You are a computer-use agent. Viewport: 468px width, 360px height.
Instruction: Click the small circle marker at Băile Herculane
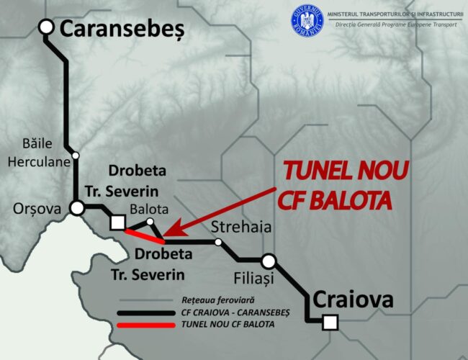pyautogui.click(x=76, y=155)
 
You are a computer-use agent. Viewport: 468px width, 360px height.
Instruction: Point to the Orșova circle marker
pyautogui.click(x=76, y=209)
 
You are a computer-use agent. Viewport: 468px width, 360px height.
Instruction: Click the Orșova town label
pyautogui.click(x=33, y=209)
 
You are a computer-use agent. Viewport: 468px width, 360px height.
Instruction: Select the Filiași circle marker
pyautogui.click(x=269, y=261)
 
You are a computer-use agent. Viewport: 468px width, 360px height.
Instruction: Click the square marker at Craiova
pyautogui.click(x=330, y=322)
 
